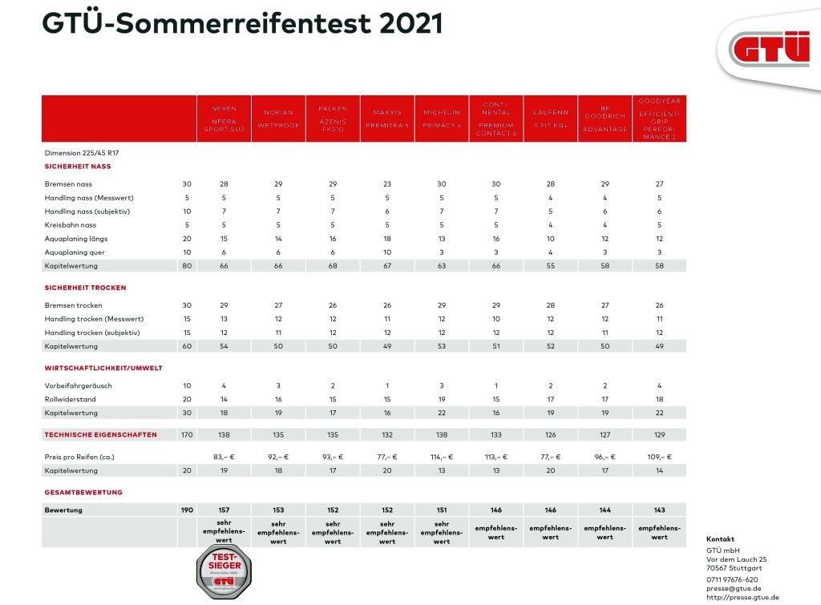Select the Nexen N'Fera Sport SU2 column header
(224, 119)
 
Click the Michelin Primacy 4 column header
(442, 119)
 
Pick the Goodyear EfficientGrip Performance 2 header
(659, 119)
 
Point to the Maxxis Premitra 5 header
(387, 119)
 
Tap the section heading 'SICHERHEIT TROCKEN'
(86, 287)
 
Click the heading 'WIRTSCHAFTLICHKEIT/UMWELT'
(104, 368)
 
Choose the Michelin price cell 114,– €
(442, 456)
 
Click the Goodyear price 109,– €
(659, 456)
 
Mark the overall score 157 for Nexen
(224, 510)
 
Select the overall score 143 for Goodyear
(659, 510)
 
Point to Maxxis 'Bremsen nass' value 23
(387, 184)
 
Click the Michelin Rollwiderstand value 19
(442, 399)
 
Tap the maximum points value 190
(186, 510)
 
